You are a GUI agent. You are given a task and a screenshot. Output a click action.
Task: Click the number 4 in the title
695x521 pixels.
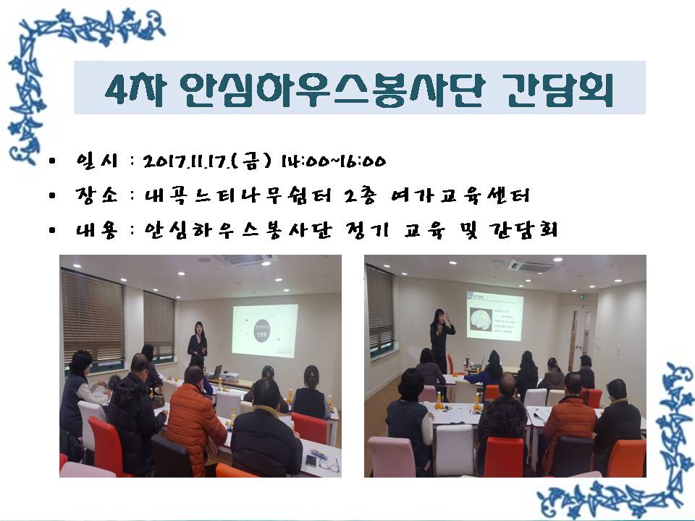tap(114, 89)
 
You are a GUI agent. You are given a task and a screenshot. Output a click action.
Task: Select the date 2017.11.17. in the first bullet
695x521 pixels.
tap(190, 161)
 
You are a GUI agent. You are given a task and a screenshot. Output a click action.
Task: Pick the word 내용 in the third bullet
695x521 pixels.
tap(96, 232)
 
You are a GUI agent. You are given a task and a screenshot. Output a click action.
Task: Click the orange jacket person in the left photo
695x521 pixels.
tap(195, 420)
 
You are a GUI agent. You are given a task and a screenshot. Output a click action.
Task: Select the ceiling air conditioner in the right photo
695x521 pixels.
tap(530, 266)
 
